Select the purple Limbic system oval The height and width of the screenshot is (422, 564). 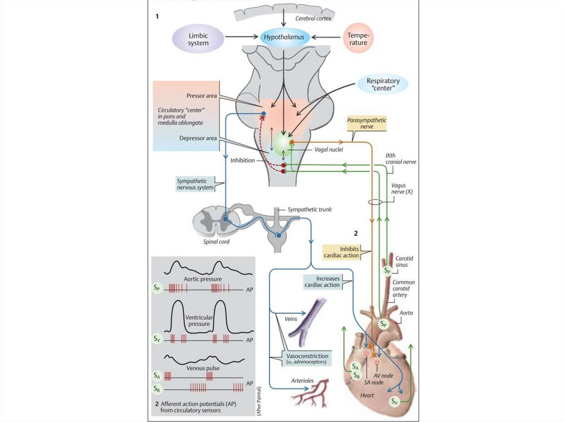198,39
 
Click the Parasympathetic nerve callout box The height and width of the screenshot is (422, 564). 367,123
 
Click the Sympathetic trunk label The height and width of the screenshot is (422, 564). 310,210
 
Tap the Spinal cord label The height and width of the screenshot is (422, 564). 212,241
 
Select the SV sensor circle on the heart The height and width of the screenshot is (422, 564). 394,402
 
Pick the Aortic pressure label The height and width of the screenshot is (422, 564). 203,279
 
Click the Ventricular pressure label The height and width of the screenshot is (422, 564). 199,320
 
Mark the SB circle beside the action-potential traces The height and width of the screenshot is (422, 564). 158,388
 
